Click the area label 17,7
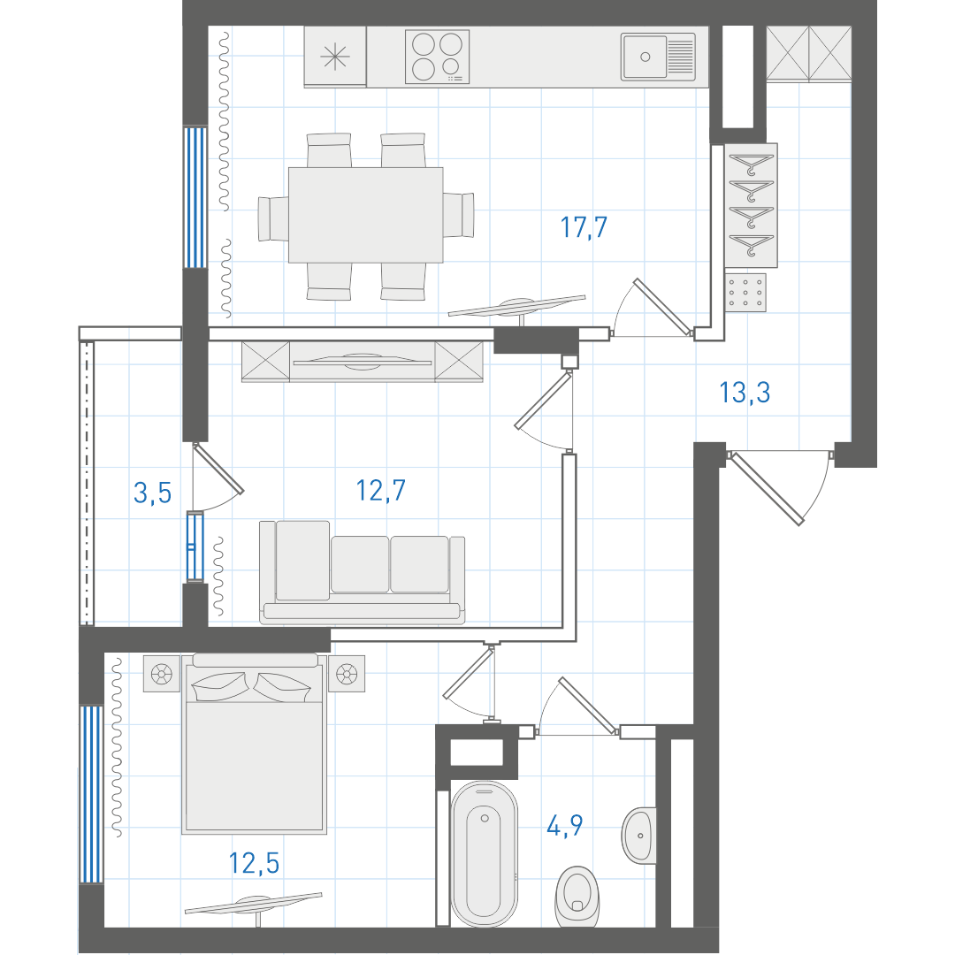coord(584,227)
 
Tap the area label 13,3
coord(745,393)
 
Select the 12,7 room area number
coord(380,490)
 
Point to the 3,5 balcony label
coord(152,493)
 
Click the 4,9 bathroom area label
coord(564,826)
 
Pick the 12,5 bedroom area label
coord(254,863)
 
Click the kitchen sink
coord(658,57)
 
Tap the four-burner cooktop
coord(438,57)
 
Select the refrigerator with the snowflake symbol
coord(335,57)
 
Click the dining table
coord(365,215)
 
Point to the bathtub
coord(485,854)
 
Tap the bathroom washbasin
coord(639,836)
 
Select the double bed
coord(254,743)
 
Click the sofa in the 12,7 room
coord(363,572)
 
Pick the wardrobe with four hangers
coord(751,205)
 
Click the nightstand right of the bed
coord(347,674)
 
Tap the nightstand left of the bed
coord(162,674)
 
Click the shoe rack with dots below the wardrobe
coord(745,293)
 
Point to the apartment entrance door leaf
coord(767,488)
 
